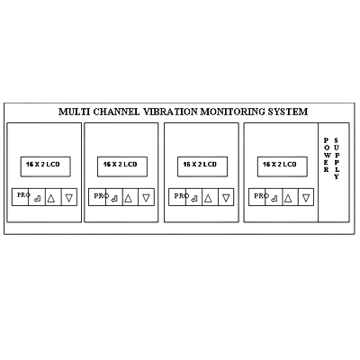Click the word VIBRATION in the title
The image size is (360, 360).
click(170, 112)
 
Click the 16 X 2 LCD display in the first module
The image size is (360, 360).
click(45, 166)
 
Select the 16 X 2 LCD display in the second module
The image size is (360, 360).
click(122, 166)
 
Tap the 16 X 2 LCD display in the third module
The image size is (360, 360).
click(202, 166)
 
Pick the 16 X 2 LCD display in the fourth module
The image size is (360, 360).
click(282, 166)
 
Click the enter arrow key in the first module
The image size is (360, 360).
click(37, 197)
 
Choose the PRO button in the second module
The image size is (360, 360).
click(97, 197)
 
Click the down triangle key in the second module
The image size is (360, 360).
click(147, 197)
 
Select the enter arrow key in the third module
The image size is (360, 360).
click(194, 197)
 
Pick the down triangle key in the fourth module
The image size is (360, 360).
click(306, 197)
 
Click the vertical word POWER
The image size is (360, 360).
click(327, 155)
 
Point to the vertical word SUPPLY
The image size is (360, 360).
click(337, 158)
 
